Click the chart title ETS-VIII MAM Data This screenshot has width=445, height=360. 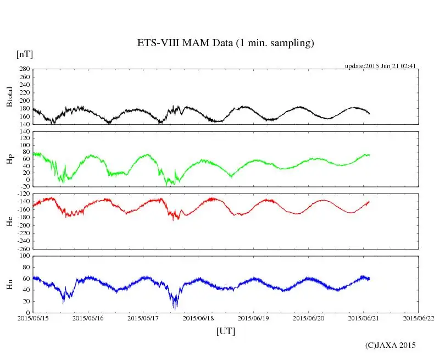(225, 43)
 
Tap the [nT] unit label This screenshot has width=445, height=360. (24, 54)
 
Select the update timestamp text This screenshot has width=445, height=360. (380, 66)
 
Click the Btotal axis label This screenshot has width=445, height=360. (9, 97)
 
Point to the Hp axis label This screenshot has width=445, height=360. (9, 160)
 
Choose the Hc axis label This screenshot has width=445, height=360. (9, 221)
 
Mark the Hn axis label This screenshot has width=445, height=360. (9, 284)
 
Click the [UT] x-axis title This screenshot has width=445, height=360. (225, 331)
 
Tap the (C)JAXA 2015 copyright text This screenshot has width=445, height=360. (391, 345)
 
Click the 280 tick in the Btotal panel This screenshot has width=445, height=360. (24, 69)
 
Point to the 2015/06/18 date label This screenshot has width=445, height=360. (198, 318)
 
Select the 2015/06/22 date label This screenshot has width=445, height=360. (419, 318)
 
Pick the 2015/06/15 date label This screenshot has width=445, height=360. (33, 318)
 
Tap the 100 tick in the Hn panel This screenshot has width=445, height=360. (24, 256)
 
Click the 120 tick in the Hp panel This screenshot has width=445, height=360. (24, 132)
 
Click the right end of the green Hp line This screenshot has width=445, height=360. (369, 155)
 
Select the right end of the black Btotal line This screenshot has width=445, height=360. (369, 113)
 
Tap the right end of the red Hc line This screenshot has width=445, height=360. (369, 202)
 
